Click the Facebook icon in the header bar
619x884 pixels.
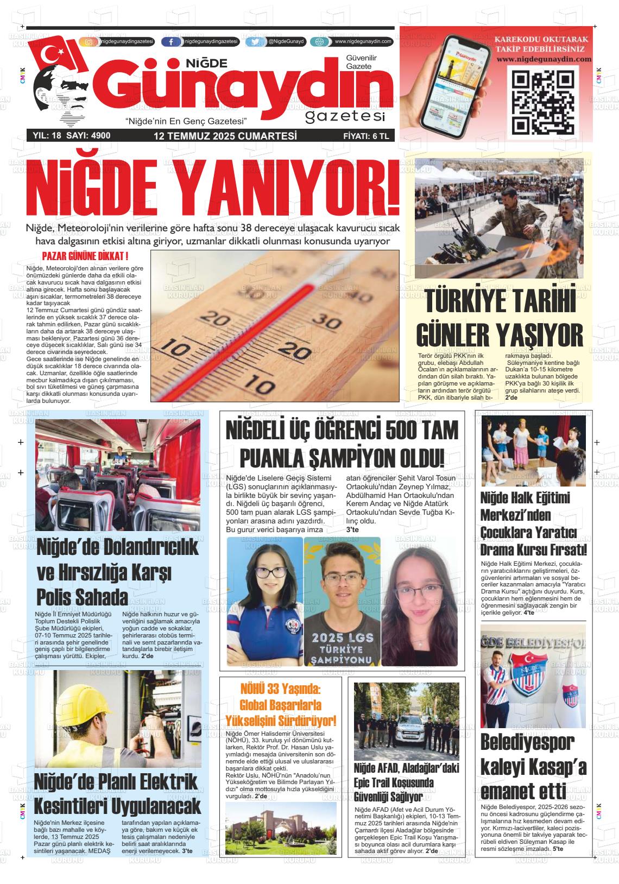coord(171,42)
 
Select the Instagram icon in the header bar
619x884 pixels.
coord(89,42)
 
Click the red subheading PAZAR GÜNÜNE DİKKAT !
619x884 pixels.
coord(85,256)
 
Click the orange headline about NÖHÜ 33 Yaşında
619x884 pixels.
coord(281,705)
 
